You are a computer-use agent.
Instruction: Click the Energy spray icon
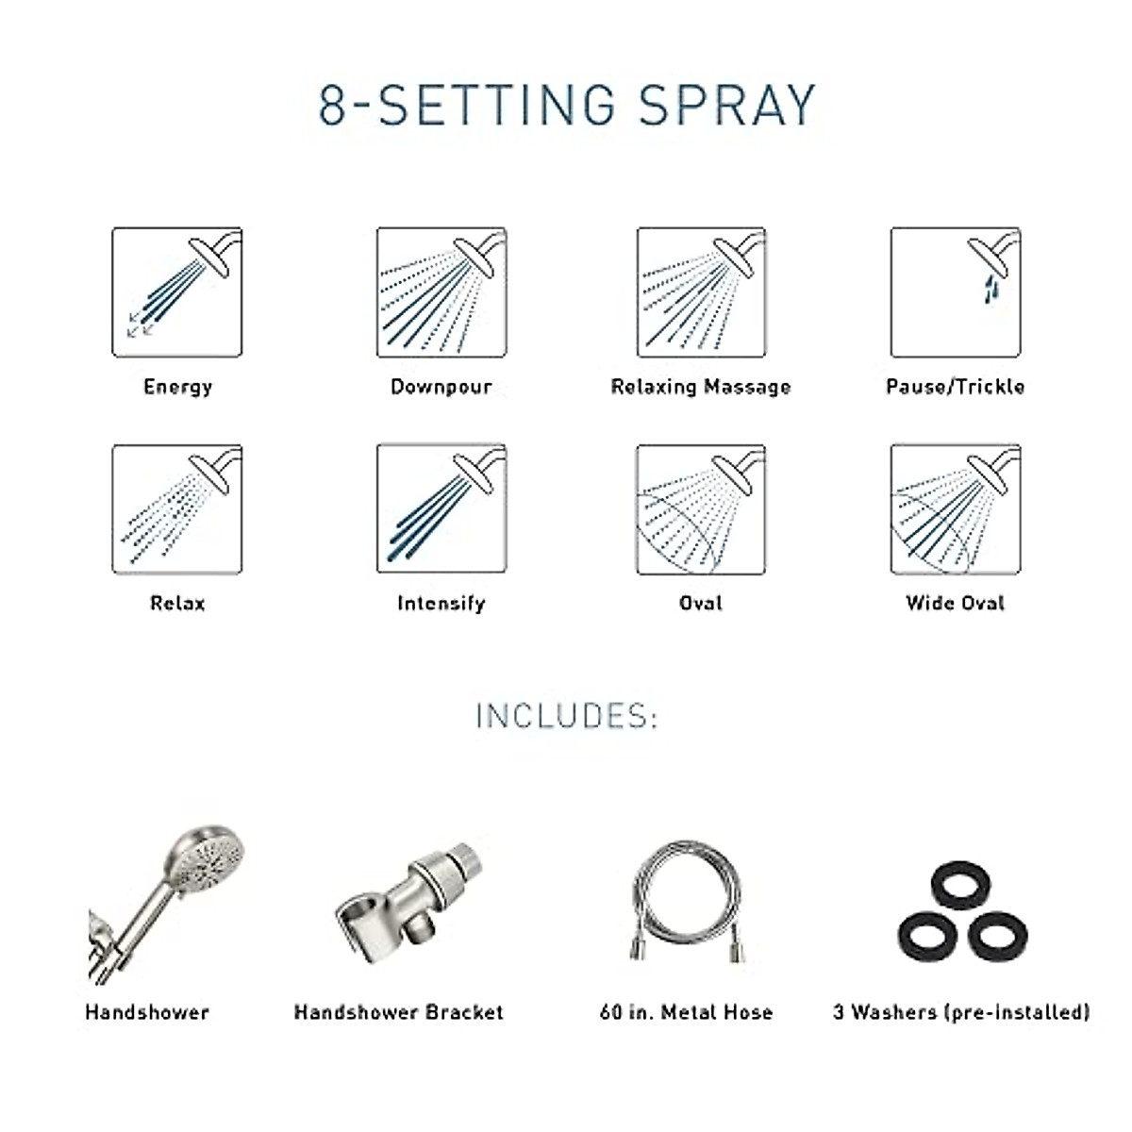pos(176,292)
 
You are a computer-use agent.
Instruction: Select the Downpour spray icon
pos(441,292)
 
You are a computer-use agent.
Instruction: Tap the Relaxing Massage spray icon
pos(701,292)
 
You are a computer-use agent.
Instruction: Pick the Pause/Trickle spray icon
pos(955,292)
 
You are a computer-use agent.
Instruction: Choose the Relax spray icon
pos(176,509)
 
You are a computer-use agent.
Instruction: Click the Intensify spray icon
pos(441,509)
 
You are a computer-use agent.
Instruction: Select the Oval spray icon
pos(701,509)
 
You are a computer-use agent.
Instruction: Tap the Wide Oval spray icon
pos(955,509)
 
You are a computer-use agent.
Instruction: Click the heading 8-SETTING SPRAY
pos(566,106)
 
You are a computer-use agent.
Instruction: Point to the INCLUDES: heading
pos(566,717)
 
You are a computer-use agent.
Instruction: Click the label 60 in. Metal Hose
pos(686,1012)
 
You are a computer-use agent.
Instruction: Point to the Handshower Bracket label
pos(398,1012)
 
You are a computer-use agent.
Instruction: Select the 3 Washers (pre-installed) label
pos(960,1012)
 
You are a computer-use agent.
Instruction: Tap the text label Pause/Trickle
pos(955,387)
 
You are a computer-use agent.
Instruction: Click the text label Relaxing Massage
pos(701,387)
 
